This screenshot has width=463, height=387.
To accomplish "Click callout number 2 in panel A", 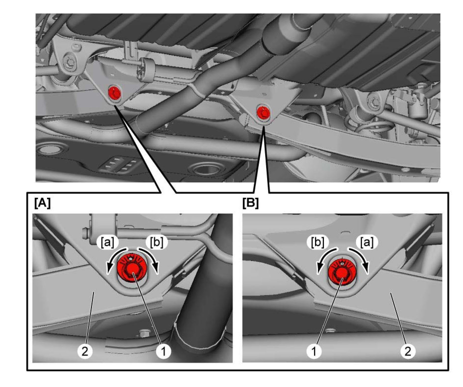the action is (85, 352).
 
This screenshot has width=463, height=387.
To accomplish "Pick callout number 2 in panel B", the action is (408, 352).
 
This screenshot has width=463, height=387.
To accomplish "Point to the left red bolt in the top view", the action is (115, 92).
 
